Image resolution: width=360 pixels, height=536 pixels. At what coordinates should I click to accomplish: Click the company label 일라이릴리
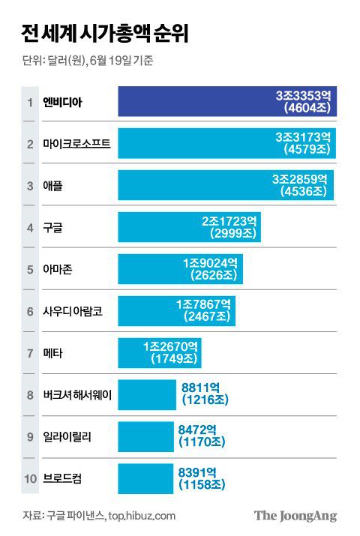pos(67,437)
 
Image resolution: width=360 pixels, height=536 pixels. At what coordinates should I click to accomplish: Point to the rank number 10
pos(29,479)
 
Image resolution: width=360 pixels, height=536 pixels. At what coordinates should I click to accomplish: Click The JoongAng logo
pos(295,516)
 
